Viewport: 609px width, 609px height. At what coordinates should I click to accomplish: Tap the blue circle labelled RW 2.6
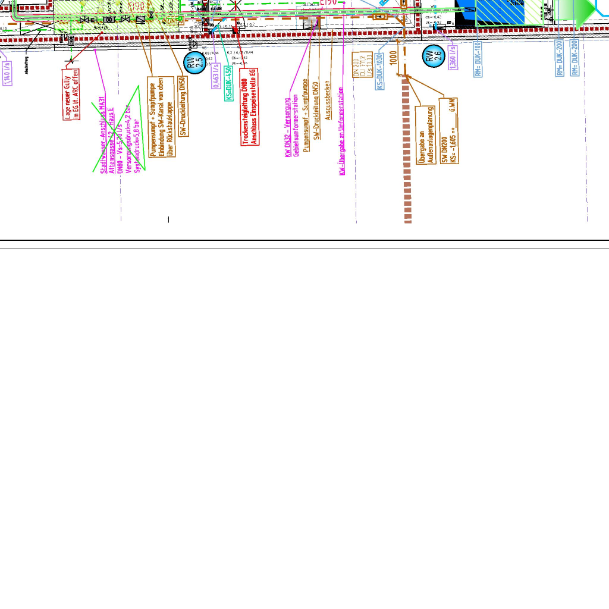(x=434, y=57)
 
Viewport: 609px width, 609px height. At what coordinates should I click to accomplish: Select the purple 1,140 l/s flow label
(x=7, y=73)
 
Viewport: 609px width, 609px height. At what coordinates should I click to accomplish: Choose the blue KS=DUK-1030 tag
(x=379, y=71)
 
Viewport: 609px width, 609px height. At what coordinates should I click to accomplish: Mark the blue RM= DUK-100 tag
(x=478, y=59)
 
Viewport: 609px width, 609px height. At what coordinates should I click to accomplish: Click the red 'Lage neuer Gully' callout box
(x=72, y=95)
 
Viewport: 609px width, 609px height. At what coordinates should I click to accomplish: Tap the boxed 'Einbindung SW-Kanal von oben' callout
(x=161, y=117)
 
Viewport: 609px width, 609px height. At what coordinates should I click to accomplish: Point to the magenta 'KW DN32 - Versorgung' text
(x=291, y=127)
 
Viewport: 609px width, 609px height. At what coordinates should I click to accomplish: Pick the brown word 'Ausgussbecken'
(x=328, y=101)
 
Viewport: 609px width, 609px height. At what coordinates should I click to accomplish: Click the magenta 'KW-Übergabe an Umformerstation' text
(x=342, y=131)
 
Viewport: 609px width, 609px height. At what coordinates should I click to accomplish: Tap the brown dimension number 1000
(x=393, y=58)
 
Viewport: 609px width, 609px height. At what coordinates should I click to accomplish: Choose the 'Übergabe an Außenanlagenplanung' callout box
(x=425, y=134)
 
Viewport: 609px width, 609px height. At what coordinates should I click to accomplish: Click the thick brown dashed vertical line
(x=407, y=155)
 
